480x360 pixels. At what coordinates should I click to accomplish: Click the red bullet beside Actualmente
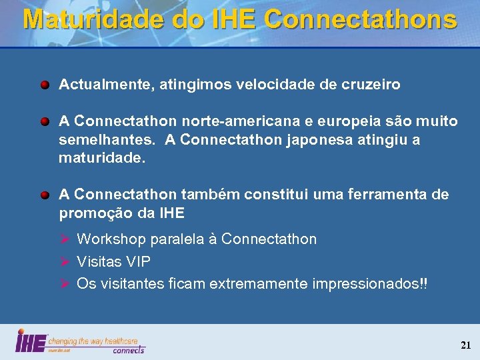(44, 85)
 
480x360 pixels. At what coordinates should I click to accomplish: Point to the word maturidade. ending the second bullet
(101, 159)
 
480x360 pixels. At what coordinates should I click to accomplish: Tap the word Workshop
(111, 239)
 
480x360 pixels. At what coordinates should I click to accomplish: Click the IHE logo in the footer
(31, 341)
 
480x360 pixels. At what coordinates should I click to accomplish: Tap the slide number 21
(465, 345)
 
